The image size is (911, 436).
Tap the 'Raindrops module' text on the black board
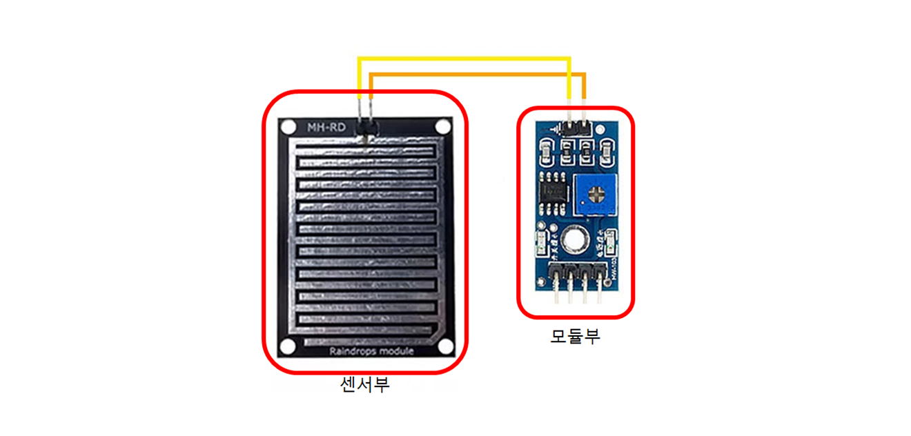[371, 351]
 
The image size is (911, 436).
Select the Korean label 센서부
[365, 384]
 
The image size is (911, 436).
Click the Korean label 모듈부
[575, 336]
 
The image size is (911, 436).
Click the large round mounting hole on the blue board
[574, 240]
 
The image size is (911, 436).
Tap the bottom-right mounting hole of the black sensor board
[444, 346]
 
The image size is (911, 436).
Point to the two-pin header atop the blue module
[575, 127]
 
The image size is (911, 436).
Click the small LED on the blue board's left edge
[541, 241]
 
